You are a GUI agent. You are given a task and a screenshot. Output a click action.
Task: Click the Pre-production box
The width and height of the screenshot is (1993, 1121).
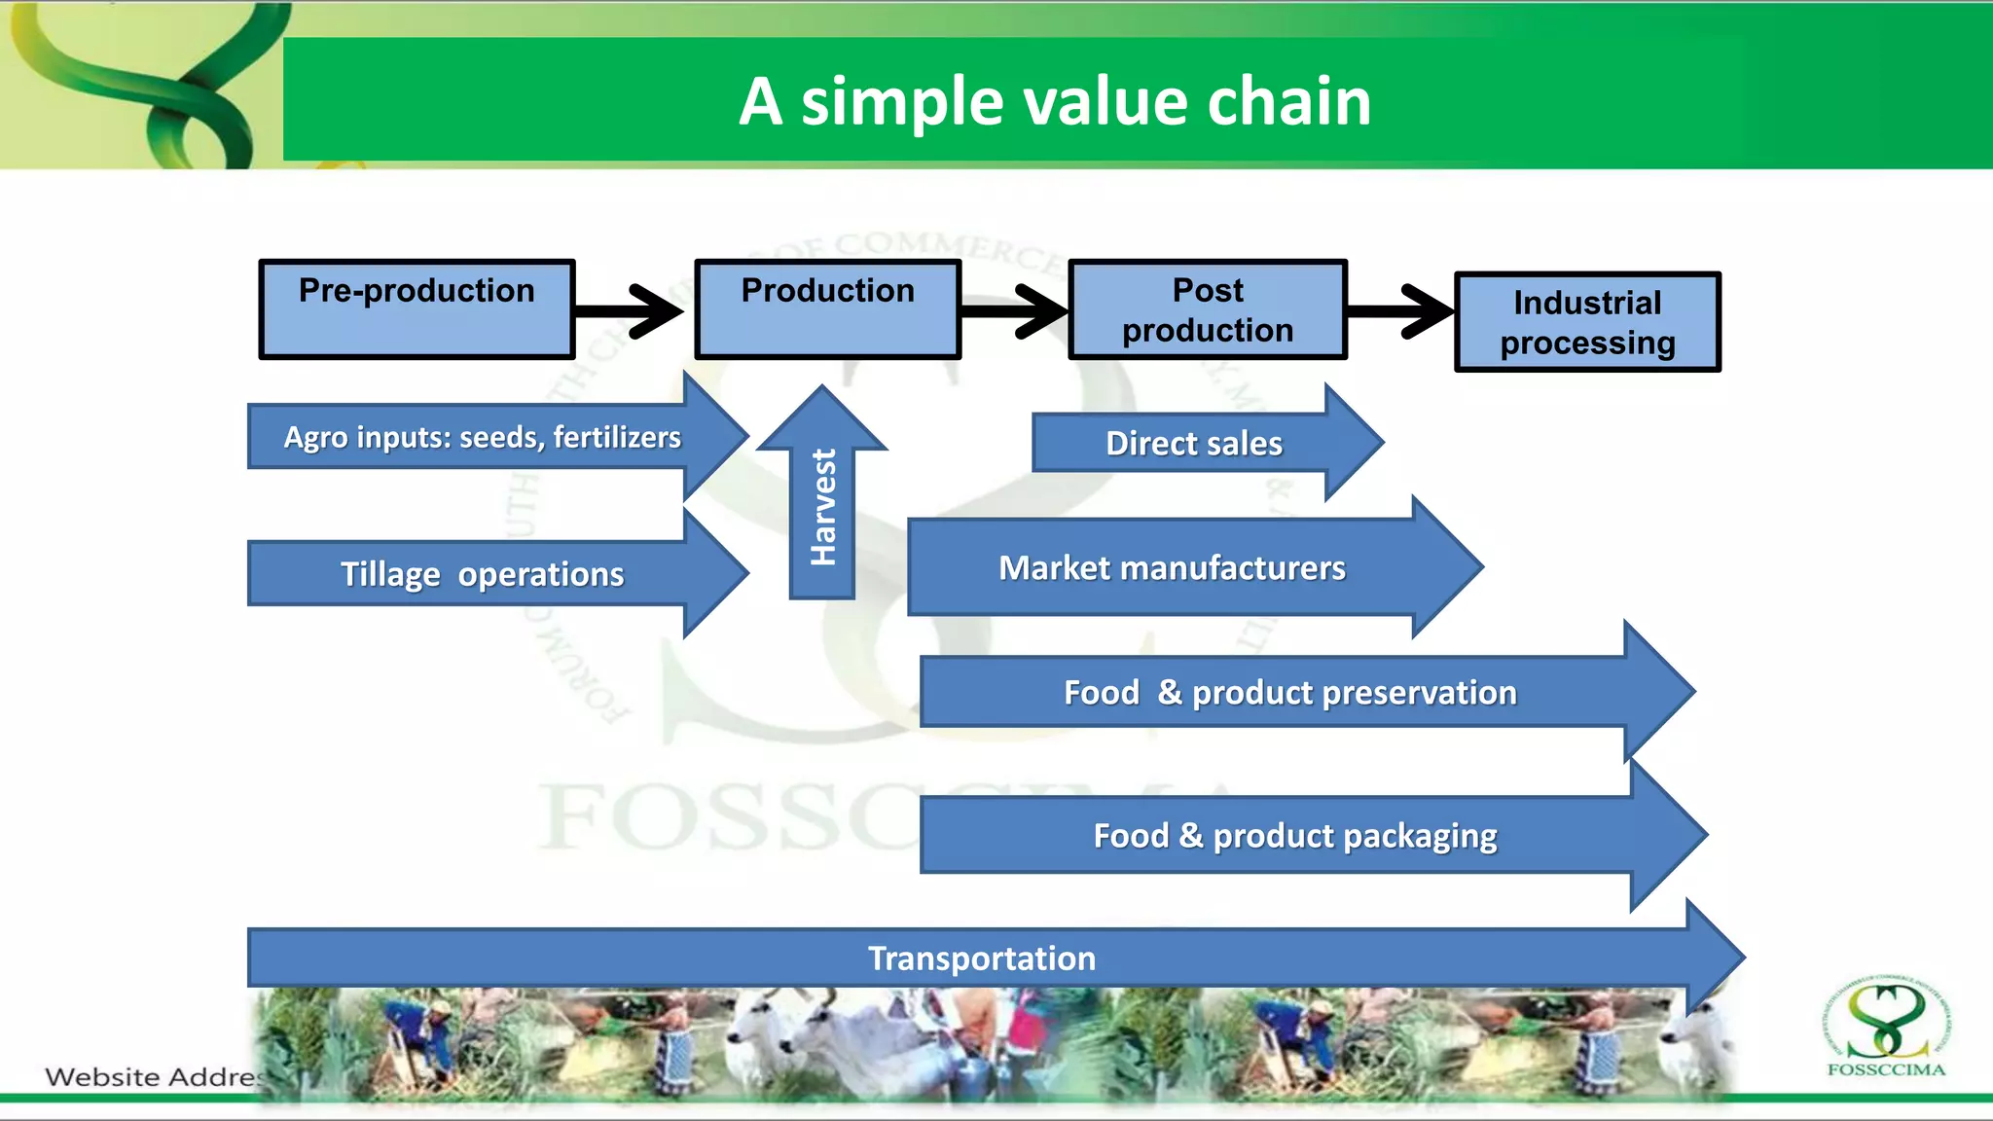click(x=417, y=309)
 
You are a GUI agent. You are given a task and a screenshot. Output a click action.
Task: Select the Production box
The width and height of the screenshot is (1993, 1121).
click(x=827, y=309)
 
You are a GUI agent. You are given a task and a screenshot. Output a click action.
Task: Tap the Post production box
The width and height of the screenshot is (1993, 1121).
click(x=1207, y=309)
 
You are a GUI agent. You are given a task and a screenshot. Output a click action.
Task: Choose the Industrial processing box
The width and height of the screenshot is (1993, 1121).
click(x=1587, y=322)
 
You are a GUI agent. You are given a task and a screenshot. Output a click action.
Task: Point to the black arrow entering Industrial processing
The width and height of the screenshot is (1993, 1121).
click(x=1401, y=311)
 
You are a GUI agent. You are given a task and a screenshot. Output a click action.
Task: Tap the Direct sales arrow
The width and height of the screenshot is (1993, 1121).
click(x=1194, y=444)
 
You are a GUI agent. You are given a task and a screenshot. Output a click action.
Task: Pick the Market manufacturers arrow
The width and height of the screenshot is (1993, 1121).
click(x=1172, y=568)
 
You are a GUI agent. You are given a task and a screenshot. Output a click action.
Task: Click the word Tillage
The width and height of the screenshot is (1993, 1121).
click(x=390, y=574)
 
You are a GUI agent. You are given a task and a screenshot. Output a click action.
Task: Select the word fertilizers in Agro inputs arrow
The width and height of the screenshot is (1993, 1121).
click(x=617, y=437)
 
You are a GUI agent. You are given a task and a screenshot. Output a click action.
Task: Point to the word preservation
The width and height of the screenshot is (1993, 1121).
click(x=1354, y=693)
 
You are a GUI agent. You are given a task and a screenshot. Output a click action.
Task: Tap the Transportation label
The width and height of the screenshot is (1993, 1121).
click(x=981, y=958)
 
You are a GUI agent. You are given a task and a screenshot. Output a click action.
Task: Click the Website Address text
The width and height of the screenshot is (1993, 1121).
click(x=156, y=1077)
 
